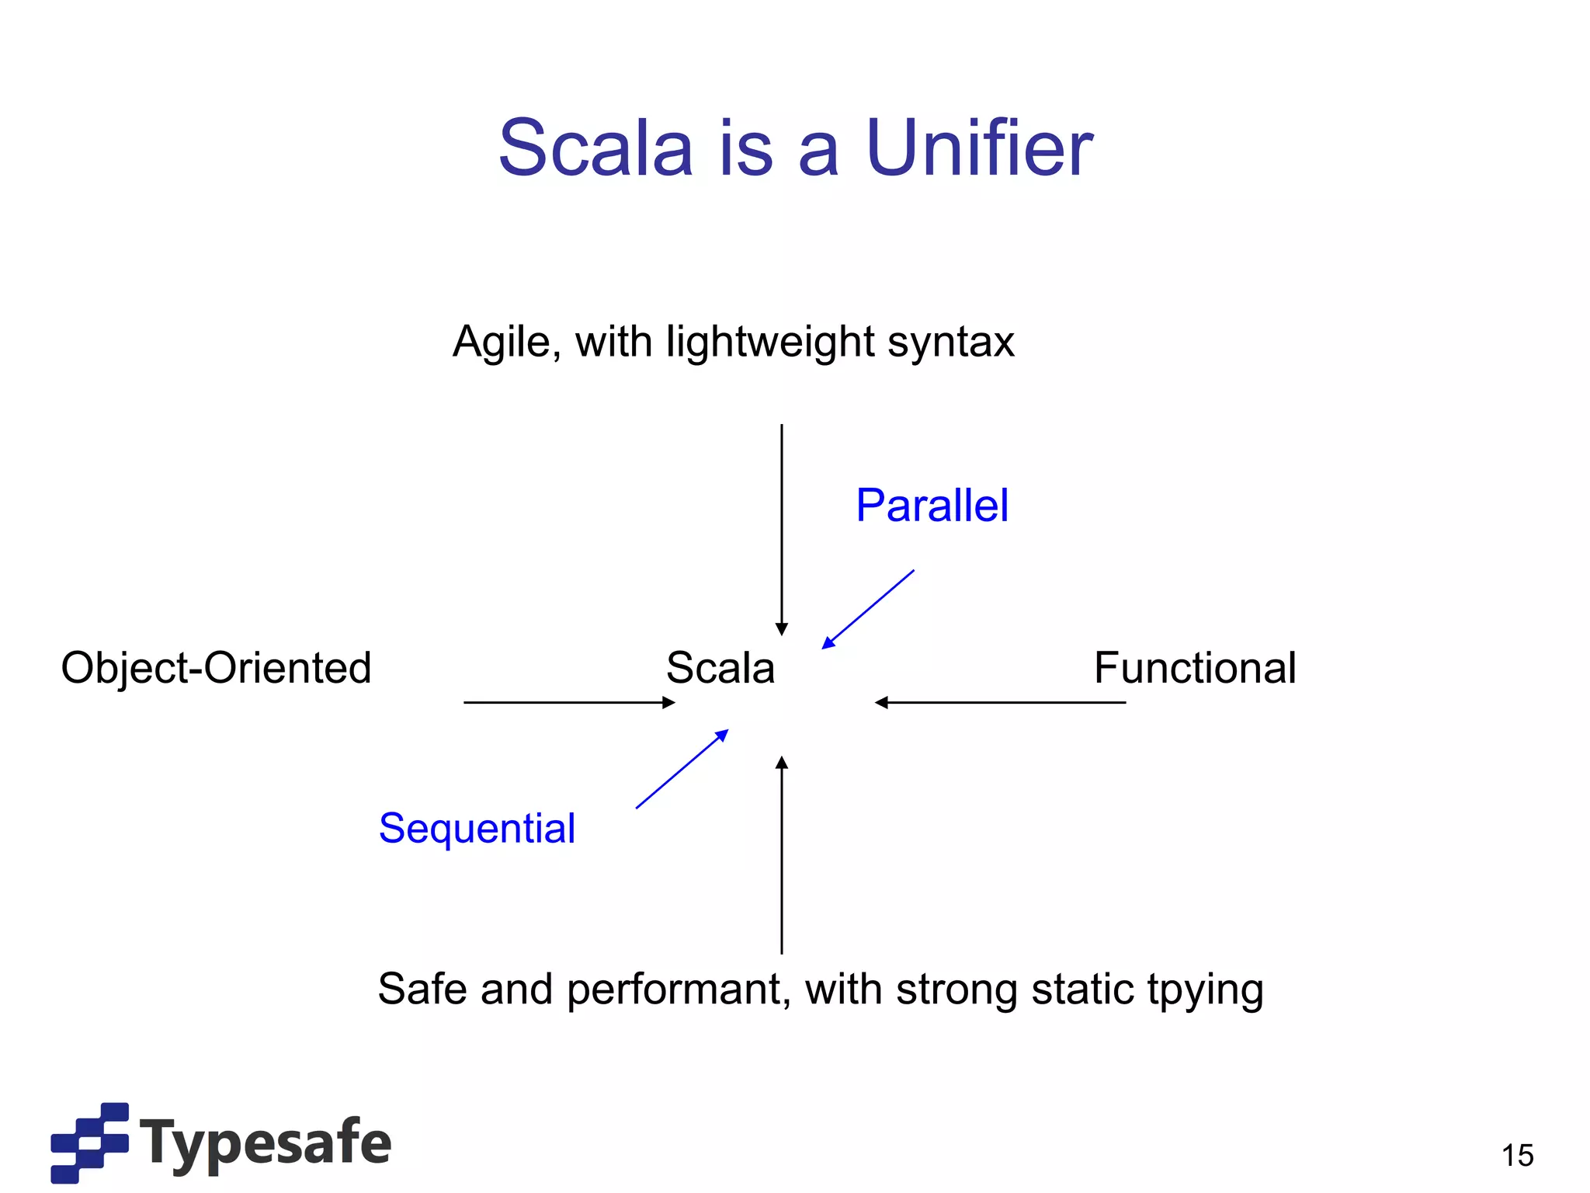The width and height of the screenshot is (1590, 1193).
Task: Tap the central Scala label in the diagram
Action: pos(720,668)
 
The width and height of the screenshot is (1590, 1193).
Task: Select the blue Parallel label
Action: pos(932,506)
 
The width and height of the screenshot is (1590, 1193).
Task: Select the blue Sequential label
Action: pos(477,828)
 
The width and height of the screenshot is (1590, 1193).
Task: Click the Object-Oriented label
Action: pos(216,668)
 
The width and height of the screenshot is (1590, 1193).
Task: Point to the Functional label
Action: pos(1194,668)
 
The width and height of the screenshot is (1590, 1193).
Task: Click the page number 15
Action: pos(1517,1156)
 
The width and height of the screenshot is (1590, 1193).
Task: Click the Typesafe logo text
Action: pos(266,1142)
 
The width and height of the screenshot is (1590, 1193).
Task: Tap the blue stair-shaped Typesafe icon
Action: pos(89,1142)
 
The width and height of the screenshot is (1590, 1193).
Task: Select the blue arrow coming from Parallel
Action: pos(868,609)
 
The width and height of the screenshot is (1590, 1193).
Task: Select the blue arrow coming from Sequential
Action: pos(682,770)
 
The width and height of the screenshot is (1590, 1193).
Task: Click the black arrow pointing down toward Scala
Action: pos(782,528)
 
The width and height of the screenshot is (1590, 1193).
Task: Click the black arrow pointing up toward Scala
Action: pos(782,854)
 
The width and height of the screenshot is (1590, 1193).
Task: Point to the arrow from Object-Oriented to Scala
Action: pos(568,702)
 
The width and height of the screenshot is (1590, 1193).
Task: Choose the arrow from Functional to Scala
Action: pos(1000,702)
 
